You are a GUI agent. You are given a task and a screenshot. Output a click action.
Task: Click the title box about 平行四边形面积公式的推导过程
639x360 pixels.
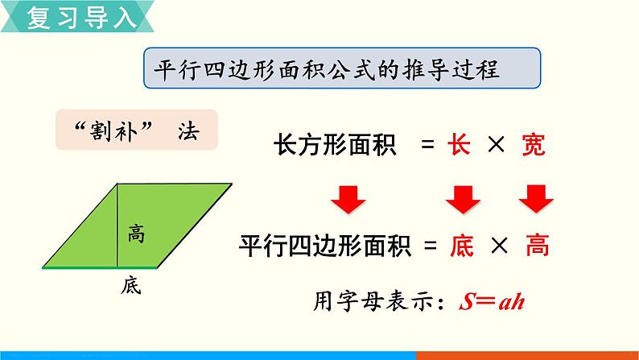(340, 70)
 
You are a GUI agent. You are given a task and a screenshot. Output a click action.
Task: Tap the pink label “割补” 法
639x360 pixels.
(136, 130)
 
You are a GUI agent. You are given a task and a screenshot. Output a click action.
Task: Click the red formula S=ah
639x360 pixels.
(492, 302)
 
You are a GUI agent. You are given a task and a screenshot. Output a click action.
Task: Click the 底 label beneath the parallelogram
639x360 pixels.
(131, 284)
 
